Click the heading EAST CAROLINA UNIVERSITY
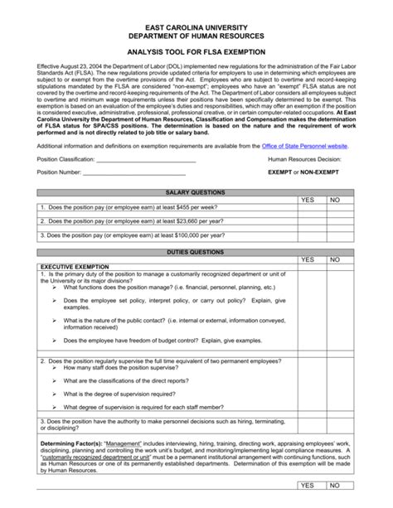point(196,27)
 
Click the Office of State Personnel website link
point(304,144)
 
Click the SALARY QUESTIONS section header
point(196,191)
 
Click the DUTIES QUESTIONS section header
point(196,251)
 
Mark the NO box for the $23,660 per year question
point(337,222)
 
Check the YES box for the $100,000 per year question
point(308,235)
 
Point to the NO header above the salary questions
point(335,200)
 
